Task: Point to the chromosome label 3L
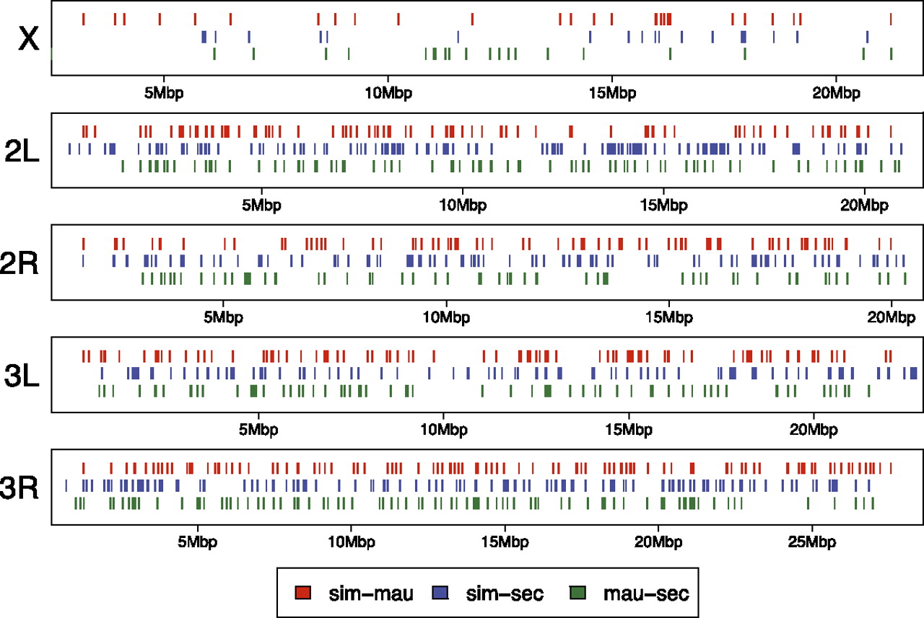click(26, 375)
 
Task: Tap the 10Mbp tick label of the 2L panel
click(462, 205)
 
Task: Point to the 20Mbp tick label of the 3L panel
click(813, 429)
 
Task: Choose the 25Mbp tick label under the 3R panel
click(811, 541)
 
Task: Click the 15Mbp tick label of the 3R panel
click(504, 541)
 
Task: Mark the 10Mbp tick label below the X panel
click(388, 93)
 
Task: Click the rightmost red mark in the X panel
click(891, 19)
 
